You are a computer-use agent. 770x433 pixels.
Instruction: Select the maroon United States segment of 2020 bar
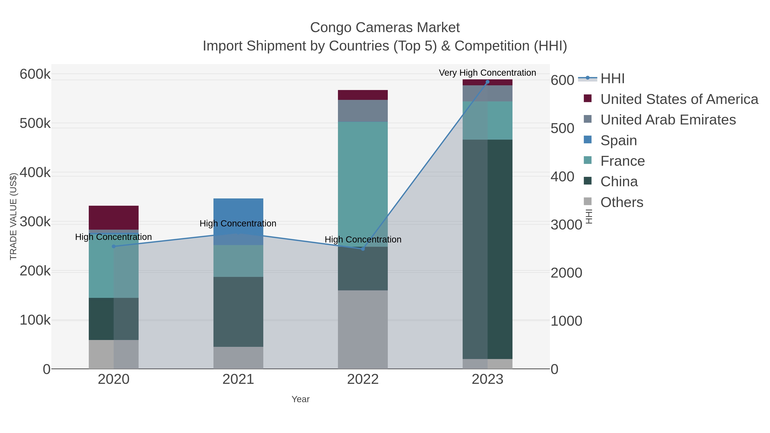[114, 217]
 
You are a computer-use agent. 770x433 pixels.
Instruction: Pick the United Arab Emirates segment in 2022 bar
[363, 111]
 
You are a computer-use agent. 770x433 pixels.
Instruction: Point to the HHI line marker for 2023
[487, 82]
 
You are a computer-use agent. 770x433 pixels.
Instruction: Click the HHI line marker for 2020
[114, 247]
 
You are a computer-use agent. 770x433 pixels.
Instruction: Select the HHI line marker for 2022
[363, 249]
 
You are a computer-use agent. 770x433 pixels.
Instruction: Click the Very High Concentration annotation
[487, 73]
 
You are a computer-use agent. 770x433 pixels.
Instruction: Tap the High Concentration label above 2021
[238, 223]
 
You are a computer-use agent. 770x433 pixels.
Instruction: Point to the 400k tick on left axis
[35, 173]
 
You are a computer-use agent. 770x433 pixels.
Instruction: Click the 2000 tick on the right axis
[566, 273]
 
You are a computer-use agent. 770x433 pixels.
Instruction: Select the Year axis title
[301, 399]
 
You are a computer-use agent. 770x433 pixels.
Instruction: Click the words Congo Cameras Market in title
[385, 28]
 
